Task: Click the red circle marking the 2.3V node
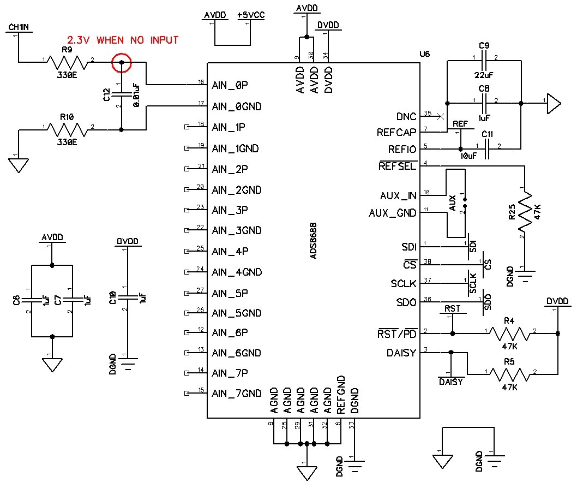tap(122, 54)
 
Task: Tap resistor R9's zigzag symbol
tap(68, 63)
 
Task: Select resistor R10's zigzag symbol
tap(68, 130)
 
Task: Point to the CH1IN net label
tap(19, 27)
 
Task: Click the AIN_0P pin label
tap(230, 85)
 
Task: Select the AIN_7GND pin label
tap(236, 394)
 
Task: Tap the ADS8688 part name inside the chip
tap(313, 241)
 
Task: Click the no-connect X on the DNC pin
tap(440, 116)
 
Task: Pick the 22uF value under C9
tap(484, 75)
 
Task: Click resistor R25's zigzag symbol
tap(525, 212)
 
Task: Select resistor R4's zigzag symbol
tap(510, 334)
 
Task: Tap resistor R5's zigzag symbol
tap(510, 374)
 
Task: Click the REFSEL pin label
tap(398, 166)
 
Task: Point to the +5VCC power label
tap(251, 15)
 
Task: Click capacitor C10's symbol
tap(128, 297)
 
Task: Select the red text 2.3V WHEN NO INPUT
tap(123, 40)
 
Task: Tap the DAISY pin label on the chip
tap(401, 353)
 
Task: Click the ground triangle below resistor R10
tap(19, 165)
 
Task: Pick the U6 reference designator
tap(425, 54)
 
